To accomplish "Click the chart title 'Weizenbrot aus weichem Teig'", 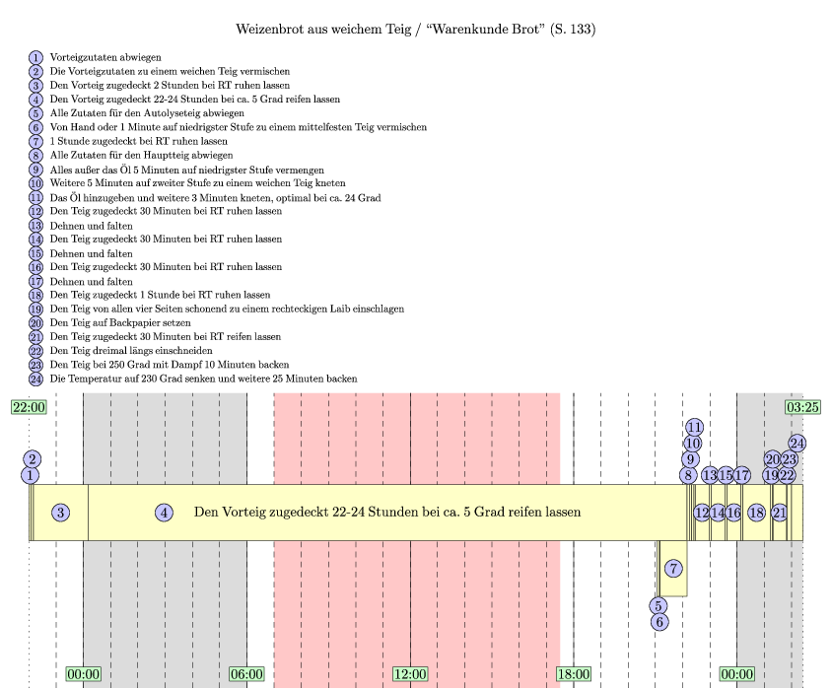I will pos(415,30).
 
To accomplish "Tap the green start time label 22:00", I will pos(29,407).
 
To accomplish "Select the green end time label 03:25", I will pos(802,407).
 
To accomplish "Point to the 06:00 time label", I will pos(246,674).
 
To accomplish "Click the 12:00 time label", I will pos(410,674).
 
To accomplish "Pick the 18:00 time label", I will pos(574,674).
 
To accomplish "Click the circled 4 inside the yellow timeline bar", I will pos(165,513).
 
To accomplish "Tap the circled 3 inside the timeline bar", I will pos(61,513).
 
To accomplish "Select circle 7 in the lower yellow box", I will pos(673,569).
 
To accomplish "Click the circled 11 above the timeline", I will pos(694,427).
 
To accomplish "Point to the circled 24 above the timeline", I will pos(797,444).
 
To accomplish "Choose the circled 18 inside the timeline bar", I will pos(756,513).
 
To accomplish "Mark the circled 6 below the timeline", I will pos(659,622).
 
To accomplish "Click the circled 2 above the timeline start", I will pos(33,458).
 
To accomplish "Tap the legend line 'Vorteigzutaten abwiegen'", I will pos(105,58).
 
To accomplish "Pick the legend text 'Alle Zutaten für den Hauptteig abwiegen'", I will pos(141,155).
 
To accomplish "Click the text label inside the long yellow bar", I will pos(387,513).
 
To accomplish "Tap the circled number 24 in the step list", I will pos(36,378).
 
